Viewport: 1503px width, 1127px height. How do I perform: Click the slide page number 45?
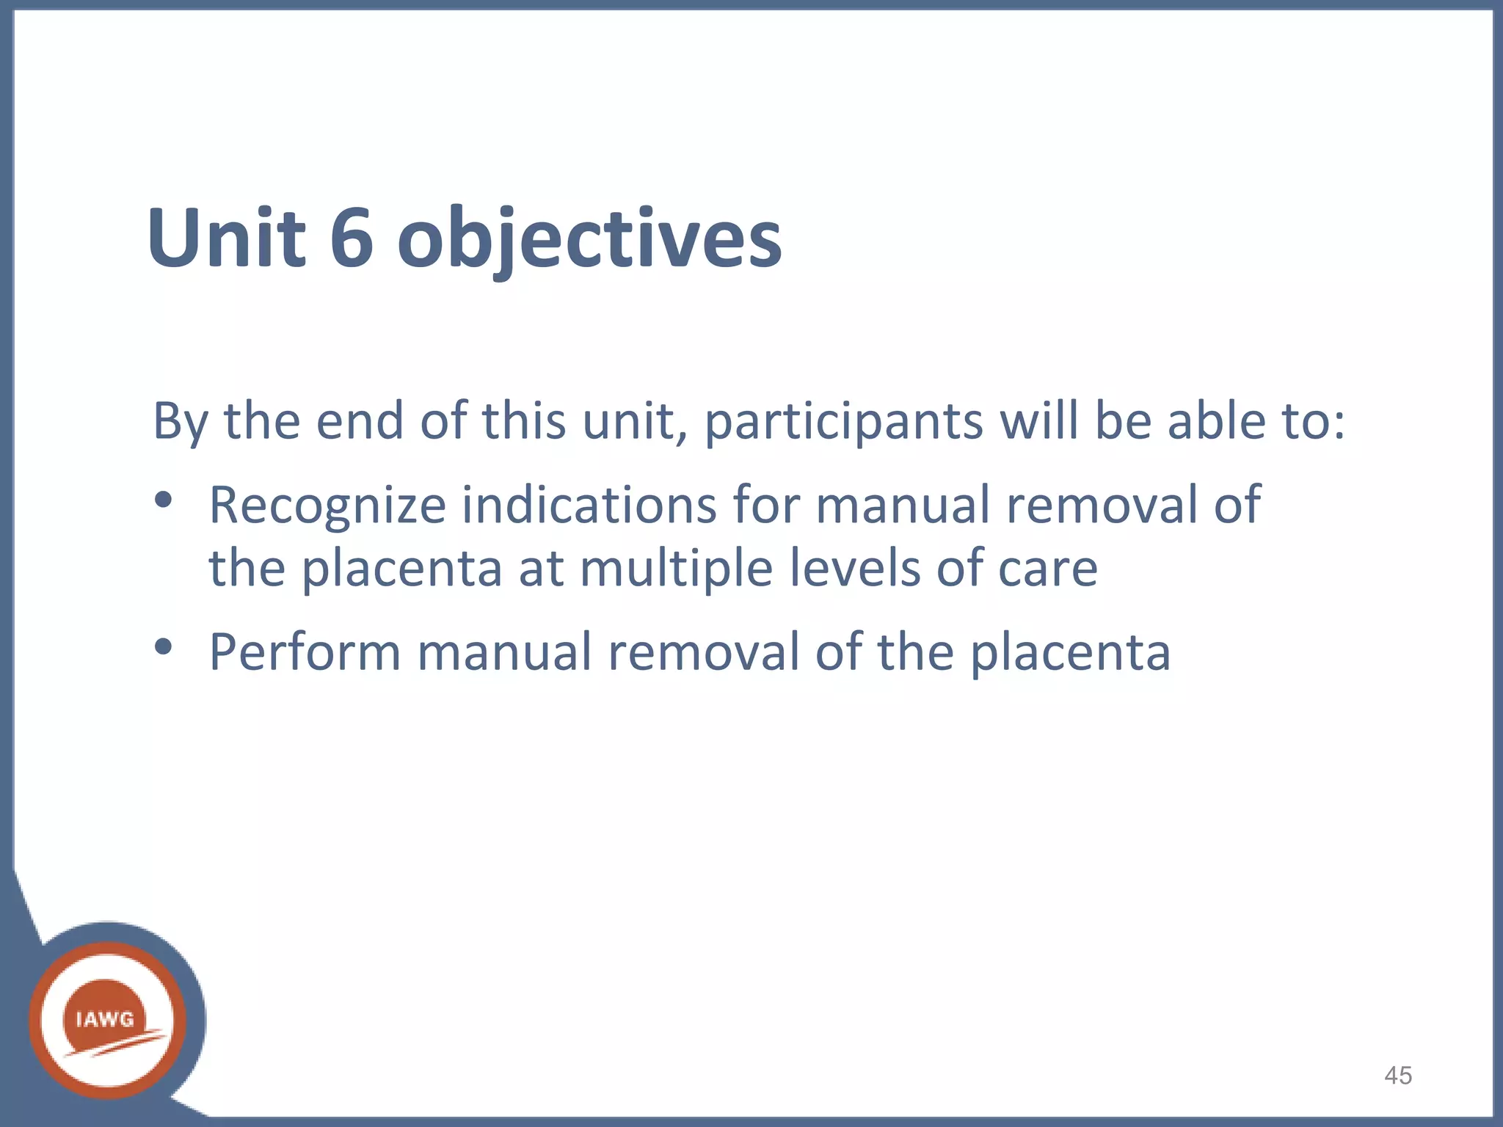point(1397,1076)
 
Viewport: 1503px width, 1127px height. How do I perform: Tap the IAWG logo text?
point(105,1019)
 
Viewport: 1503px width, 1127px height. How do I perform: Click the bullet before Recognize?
point(163,501)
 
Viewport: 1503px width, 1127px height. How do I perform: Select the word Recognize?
point(327,506)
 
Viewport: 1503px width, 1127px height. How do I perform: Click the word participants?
point(843,423)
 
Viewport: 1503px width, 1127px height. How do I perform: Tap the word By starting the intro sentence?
point(181,423)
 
